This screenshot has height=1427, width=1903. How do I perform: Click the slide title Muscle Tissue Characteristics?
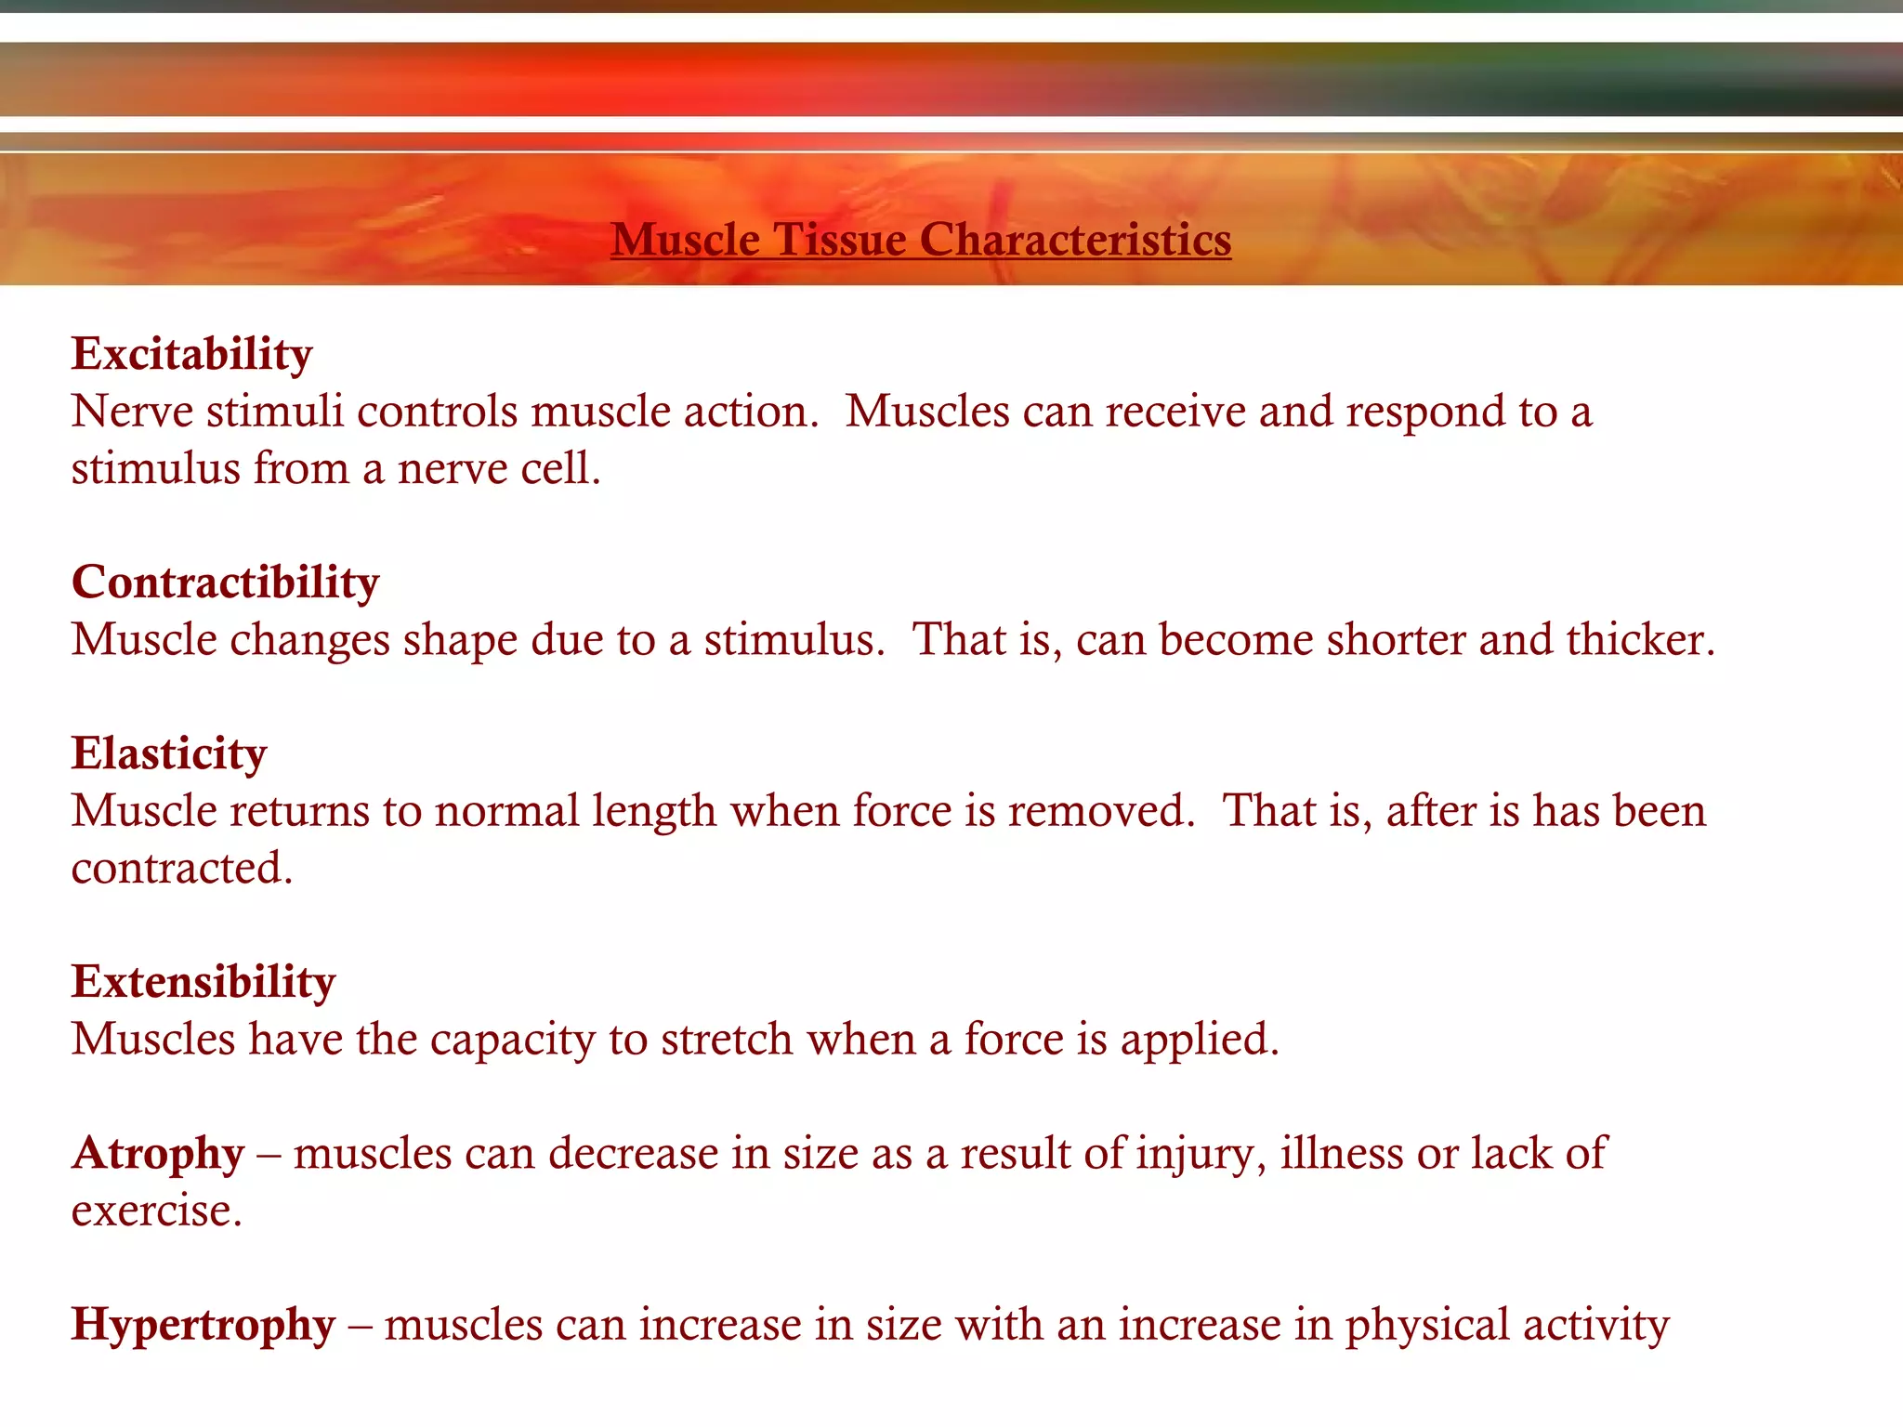coord(921,240)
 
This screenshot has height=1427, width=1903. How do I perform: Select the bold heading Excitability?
coord(192,354)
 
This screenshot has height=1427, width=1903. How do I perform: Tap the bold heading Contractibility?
coord(226,583)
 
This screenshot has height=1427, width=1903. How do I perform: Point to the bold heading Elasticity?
coord(169,753)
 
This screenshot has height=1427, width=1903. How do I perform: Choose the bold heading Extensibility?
coord(203,982)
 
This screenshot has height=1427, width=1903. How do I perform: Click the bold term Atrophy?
coord(158,1154)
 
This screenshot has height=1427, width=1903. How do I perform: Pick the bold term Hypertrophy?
coord(203,1325)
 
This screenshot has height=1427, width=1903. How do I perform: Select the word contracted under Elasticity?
coord(182,868)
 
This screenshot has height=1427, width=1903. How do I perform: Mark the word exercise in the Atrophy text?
coord(156,1211)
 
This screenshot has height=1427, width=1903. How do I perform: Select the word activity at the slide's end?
coord(1595,1325)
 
